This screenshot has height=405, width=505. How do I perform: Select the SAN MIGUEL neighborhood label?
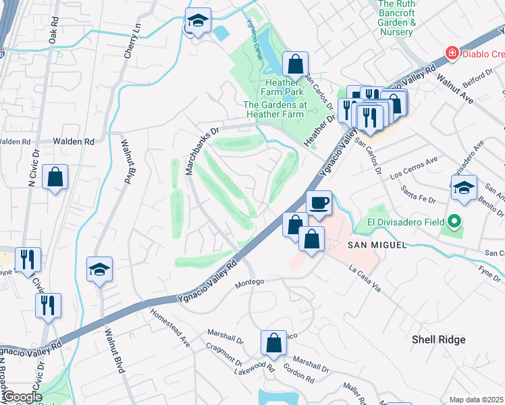coord(377,245)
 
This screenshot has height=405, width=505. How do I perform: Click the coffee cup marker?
coord(319,202)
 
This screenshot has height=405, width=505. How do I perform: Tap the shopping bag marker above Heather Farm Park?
coord(295,65)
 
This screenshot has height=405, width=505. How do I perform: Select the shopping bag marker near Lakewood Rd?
coord(274,342)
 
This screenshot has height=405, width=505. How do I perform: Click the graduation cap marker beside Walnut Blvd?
coord(99,269)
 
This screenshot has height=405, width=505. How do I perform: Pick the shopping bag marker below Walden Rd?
coord(55,178)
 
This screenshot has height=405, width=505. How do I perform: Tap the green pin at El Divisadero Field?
coord(455,221)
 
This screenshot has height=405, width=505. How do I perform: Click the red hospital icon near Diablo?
coord(450,53)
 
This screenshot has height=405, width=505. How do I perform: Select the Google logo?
coord(22,397)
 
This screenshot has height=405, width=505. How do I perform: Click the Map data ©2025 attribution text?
coord(477,400)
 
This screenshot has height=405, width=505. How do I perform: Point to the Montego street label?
coord(249,282)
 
